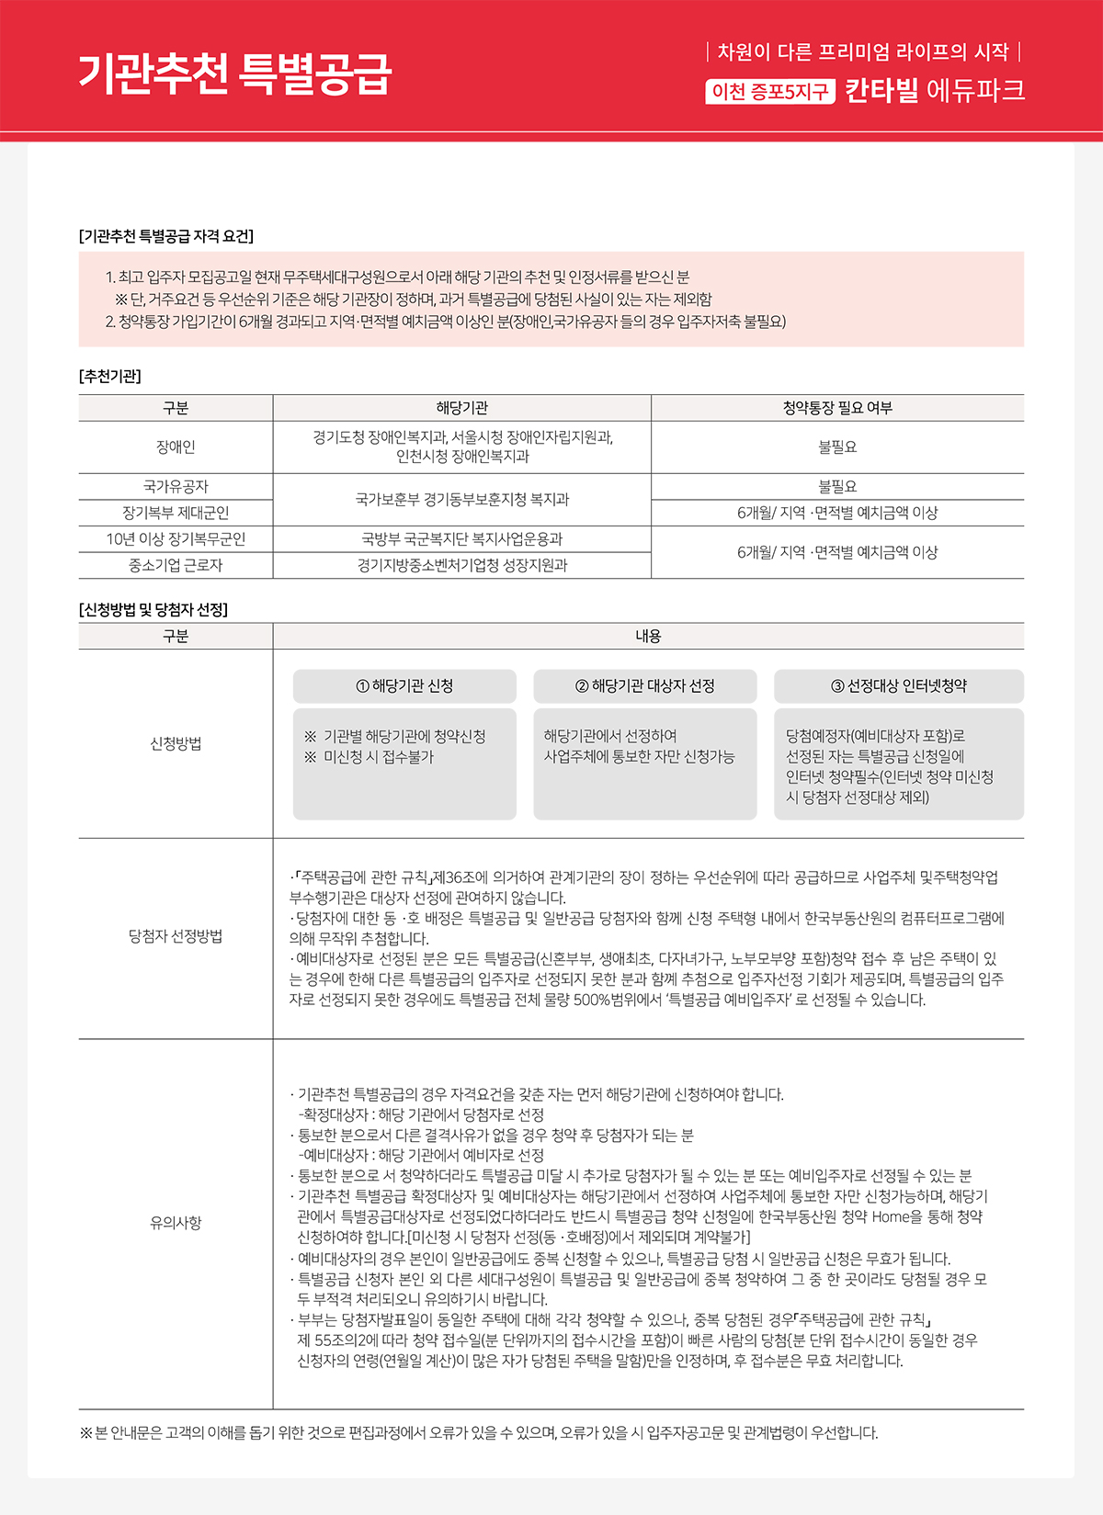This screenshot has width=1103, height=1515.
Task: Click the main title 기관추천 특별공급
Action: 234,73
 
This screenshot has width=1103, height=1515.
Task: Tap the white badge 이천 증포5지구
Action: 770,92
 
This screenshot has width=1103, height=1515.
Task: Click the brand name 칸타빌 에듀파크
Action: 934,91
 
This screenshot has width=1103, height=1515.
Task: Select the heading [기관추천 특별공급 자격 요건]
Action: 166,236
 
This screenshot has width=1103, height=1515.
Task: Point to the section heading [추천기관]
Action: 110,376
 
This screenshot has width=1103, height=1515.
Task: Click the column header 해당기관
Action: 461,408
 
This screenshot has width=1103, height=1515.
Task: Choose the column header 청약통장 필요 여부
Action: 836,408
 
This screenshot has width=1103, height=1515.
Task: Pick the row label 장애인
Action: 176,447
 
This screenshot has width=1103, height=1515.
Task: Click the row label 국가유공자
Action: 176,487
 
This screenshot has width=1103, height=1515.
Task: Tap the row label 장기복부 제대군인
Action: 176,513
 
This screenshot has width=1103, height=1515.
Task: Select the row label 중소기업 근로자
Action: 176,565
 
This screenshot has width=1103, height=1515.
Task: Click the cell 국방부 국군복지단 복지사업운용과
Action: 461,539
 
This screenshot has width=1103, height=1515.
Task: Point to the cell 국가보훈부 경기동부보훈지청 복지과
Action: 461,500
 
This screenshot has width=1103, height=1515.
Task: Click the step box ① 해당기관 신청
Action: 404,686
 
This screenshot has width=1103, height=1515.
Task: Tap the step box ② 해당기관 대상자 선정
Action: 644,686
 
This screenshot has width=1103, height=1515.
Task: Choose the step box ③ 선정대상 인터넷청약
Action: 898,686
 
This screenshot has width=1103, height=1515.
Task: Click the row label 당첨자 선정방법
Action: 176,937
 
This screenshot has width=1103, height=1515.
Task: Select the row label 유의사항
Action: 176,1223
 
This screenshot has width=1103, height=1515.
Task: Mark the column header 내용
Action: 648,636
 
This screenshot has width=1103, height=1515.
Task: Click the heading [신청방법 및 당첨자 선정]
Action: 154,610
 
